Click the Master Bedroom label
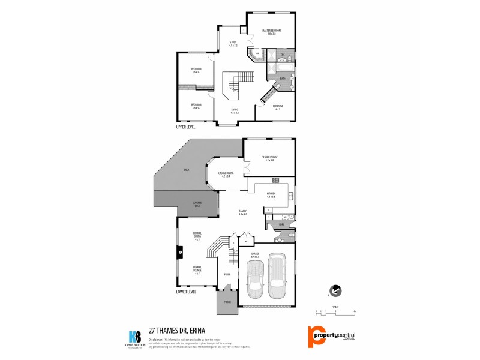pos(272,32)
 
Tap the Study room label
pos(233,43)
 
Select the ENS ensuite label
pos(282,56)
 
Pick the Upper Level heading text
pos(186,127)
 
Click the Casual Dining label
pos(226,175)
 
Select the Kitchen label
pos(271,195)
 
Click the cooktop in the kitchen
pos(275,180)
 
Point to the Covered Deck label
pos(197,204)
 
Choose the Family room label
pos(243,212)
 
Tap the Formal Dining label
pos(197,235)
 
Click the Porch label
pos(227,302)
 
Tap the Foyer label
pos(227,274)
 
